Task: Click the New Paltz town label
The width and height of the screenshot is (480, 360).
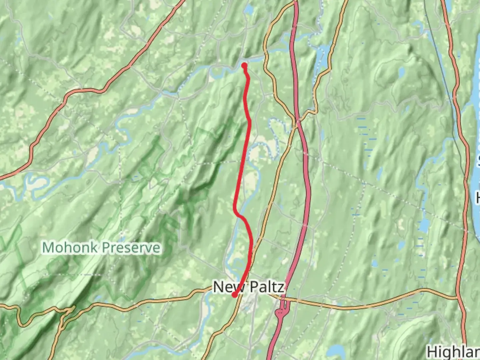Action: click(x=249, y=287)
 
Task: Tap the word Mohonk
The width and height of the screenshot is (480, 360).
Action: click(x=70, y=248)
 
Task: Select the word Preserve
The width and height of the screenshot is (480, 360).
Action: click(x=131, y=248)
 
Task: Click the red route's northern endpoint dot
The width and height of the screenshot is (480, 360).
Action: click(x=244, y=65)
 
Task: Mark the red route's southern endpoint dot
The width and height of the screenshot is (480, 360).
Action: click(x=234, y=295)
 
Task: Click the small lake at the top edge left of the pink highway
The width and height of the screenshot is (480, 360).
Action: click(x=248, y=10)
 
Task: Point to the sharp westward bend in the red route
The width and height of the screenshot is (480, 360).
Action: click(x=235, y=210)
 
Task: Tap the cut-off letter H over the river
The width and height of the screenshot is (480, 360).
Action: click(x=478, y=198)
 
